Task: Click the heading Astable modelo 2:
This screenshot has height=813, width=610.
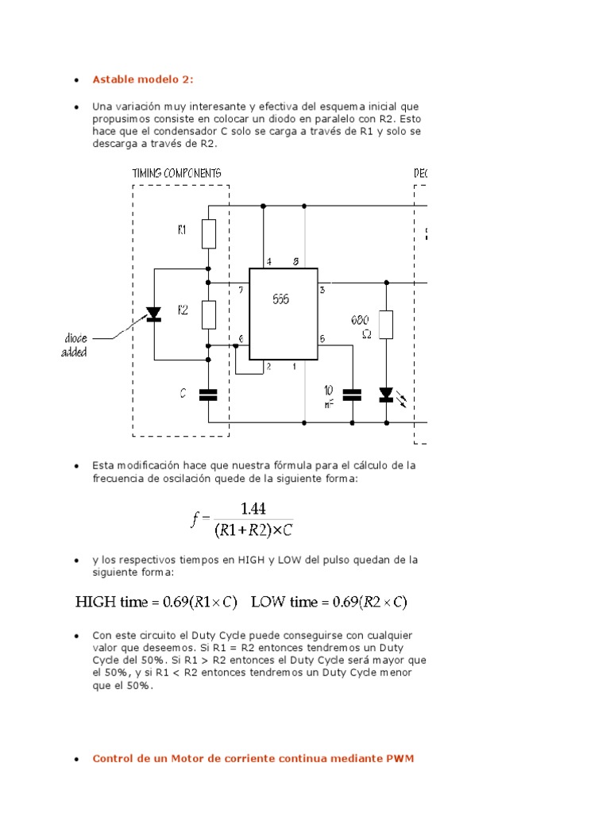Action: point(143,79)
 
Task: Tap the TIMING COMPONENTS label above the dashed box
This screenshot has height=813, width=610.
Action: point(176,173)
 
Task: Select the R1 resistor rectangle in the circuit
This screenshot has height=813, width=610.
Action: point(208,233)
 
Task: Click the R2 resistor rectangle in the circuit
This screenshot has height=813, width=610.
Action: point(208,314)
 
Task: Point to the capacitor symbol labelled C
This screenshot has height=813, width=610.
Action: point(208,394)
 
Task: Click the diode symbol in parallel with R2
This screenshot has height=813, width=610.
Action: point(154,314)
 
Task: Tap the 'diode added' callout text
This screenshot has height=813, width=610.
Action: point(75,345)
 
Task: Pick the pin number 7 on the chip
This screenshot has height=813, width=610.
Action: point(241,290)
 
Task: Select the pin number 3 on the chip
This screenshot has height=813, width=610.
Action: point(322,290)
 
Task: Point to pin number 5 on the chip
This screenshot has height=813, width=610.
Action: point(322,339)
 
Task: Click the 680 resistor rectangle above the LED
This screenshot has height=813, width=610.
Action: point(387,325)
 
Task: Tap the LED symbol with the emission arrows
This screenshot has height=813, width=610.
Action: point(387,394)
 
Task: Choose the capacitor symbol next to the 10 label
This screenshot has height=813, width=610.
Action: point(351,394)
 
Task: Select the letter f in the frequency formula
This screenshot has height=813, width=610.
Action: point(195,521)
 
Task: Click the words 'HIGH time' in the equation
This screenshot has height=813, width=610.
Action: point(111,602)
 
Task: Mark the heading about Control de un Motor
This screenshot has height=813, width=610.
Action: point(253,758)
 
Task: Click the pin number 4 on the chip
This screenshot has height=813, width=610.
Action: point(268,261)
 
